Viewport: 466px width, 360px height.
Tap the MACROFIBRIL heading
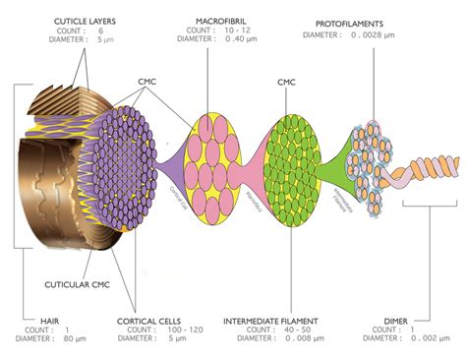click(x=223, y=20)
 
